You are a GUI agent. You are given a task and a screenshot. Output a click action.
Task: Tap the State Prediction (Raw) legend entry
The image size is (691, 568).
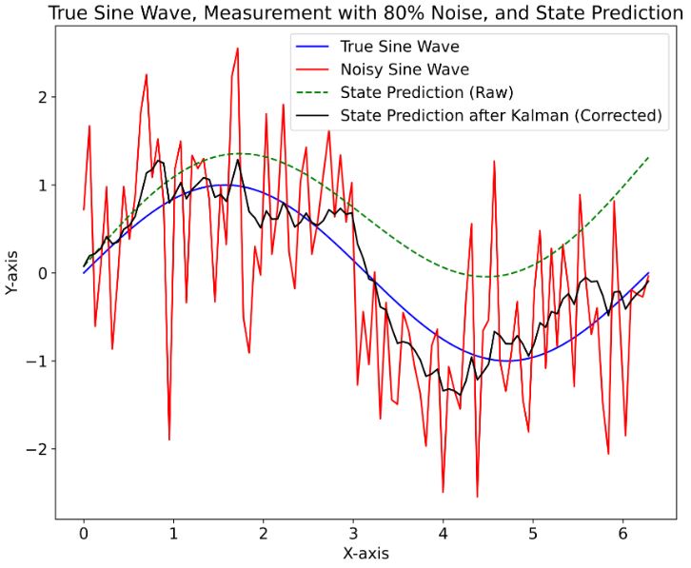click(426, 92)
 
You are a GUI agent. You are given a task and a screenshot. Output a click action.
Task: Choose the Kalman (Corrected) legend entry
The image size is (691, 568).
click(500, 116)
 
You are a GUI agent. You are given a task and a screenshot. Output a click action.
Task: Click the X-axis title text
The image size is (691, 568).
click(352, 553)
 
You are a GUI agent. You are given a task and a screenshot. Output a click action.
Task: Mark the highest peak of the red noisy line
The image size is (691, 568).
click(237, 49)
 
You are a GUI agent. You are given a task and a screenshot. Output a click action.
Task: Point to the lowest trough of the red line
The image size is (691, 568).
click(477, 497)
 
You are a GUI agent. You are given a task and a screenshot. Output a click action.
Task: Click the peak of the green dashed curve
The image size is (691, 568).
click(241, 154)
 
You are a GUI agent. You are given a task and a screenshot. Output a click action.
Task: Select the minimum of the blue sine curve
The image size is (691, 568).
click(506, 361)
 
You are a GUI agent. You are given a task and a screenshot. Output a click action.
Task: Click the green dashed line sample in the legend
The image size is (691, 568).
click(313, 92)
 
